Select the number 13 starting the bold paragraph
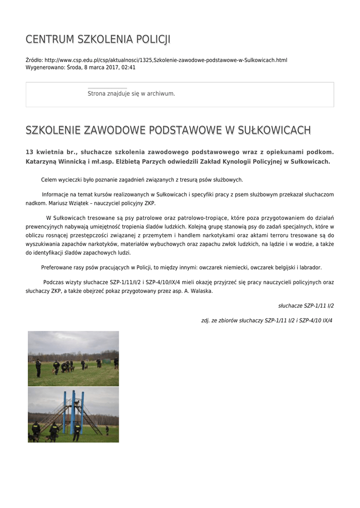29,152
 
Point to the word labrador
310,267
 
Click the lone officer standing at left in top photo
38,368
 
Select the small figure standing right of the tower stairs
107,430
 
